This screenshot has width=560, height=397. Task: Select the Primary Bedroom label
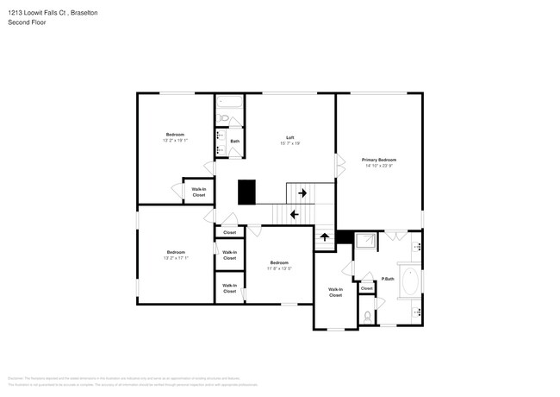point(378,160)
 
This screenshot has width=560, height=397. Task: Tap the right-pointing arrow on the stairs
point(302,193)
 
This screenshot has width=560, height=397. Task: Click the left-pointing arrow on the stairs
point(294,214)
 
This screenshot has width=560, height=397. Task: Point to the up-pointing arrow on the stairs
point(325,237)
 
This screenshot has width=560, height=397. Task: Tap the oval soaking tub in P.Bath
point(409,282)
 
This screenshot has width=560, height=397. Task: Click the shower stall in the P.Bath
point(365,242)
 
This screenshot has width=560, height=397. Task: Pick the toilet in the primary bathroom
point(367,315)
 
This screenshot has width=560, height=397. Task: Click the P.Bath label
point(388,279)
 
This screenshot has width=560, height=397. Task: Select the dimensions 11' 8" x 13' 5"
point(278,268)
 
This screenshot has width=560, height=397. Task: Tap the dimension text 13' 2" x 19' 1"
point(175,140)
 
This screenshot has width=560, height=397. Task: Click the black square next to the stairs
point(248,192)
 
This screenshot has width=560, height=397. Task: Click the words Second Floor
point(27,22)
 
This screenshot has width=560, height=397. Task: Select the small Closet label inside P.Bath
point(366,288)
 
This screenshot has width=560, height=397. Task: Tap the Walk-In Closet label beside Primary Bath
point(335,292)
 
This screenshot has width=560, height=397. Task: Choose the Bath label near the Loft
point(234,141)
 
